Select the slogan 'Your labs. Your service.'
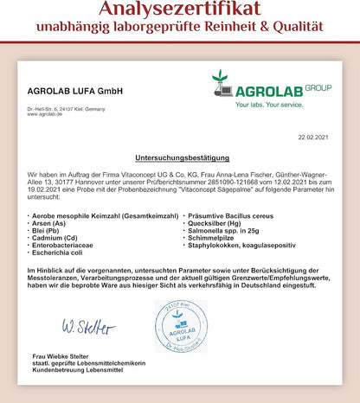click(x=245, y=105)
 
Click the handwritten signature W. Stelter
click(x=87, y=327)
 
